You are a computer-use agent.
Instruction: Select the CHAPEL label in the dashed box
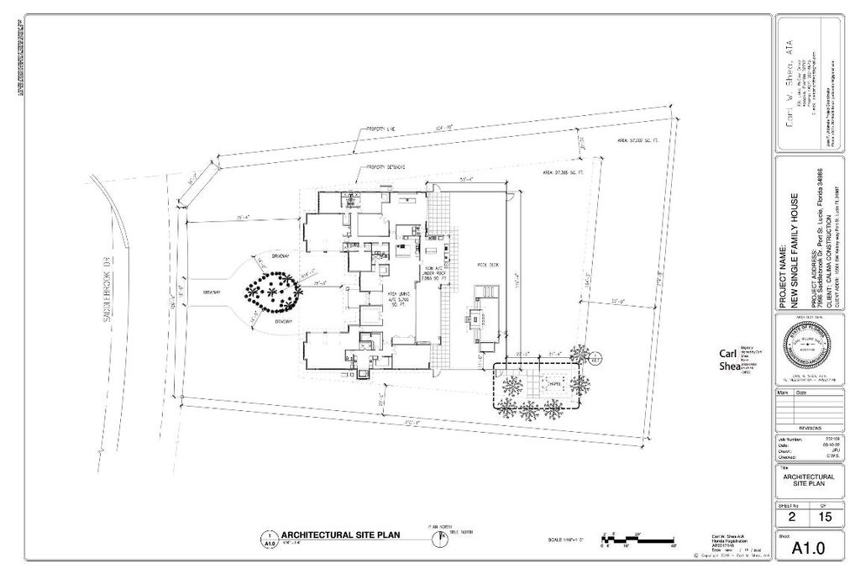pyautogui.click(x=534, y=377)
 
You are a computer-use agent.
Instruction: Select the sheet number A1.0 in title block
pyautogui.click(x=809, y=548)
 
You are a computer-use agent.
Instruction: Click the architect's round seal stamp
pyautogui.click(x=809, y=345)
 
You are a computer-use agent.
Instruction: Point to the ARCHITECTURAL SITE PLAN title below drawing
pyautogui.click(x=340, y=535)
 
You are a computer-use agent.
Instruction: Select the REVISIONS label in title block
pyautogui.click(x=809, y=426)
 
